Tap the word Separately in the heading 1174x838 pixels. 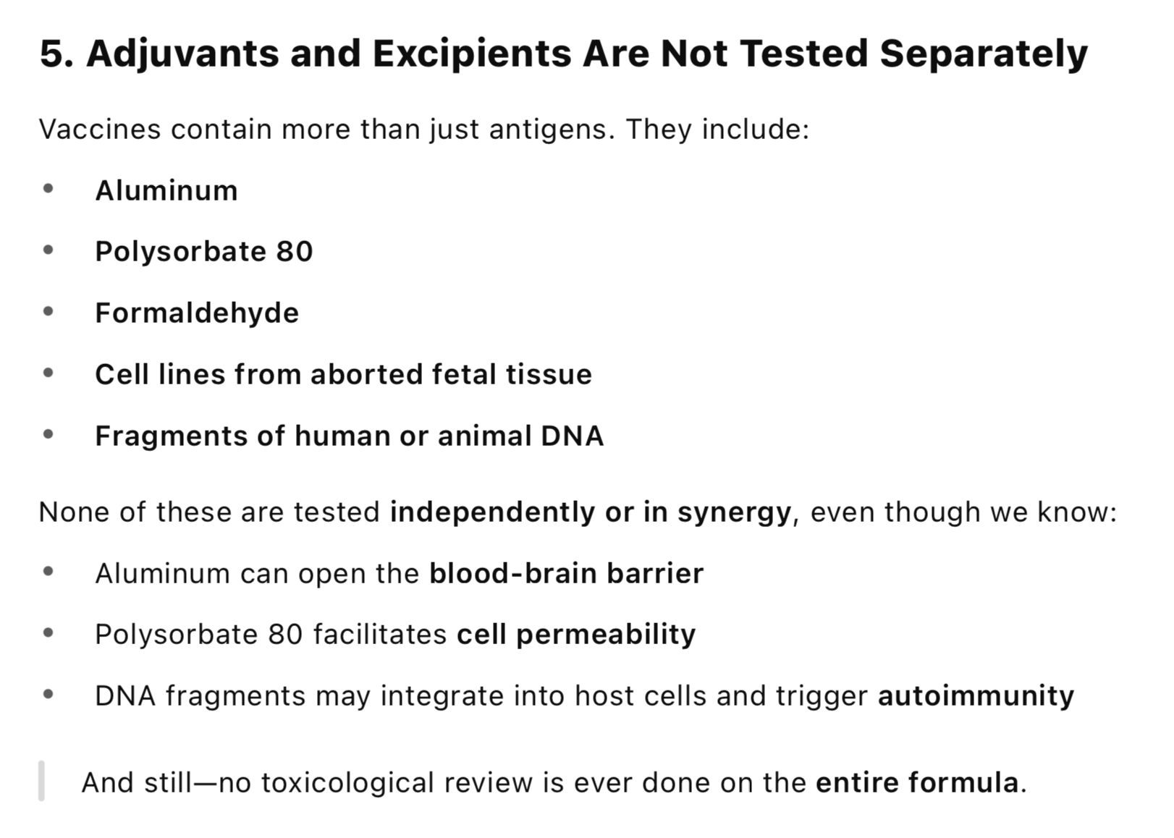pos(984,54)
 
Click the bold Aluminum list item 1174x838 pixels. pos(166,190)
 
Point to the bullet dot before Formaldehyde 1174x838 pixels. pos(48,312)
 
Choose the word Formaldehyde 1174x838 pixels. pos(197,313)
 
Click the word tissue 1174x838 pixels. pos(549,374)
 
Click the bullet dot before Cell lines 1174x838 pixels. pos(48,373)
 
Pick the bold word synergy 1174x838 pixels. pos(734,513)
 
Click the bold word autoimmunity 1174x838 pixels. pos(976,696)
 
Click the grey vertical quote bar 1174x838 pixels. pos(41,781)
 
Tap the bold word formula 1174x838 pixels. pos(963,782)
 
